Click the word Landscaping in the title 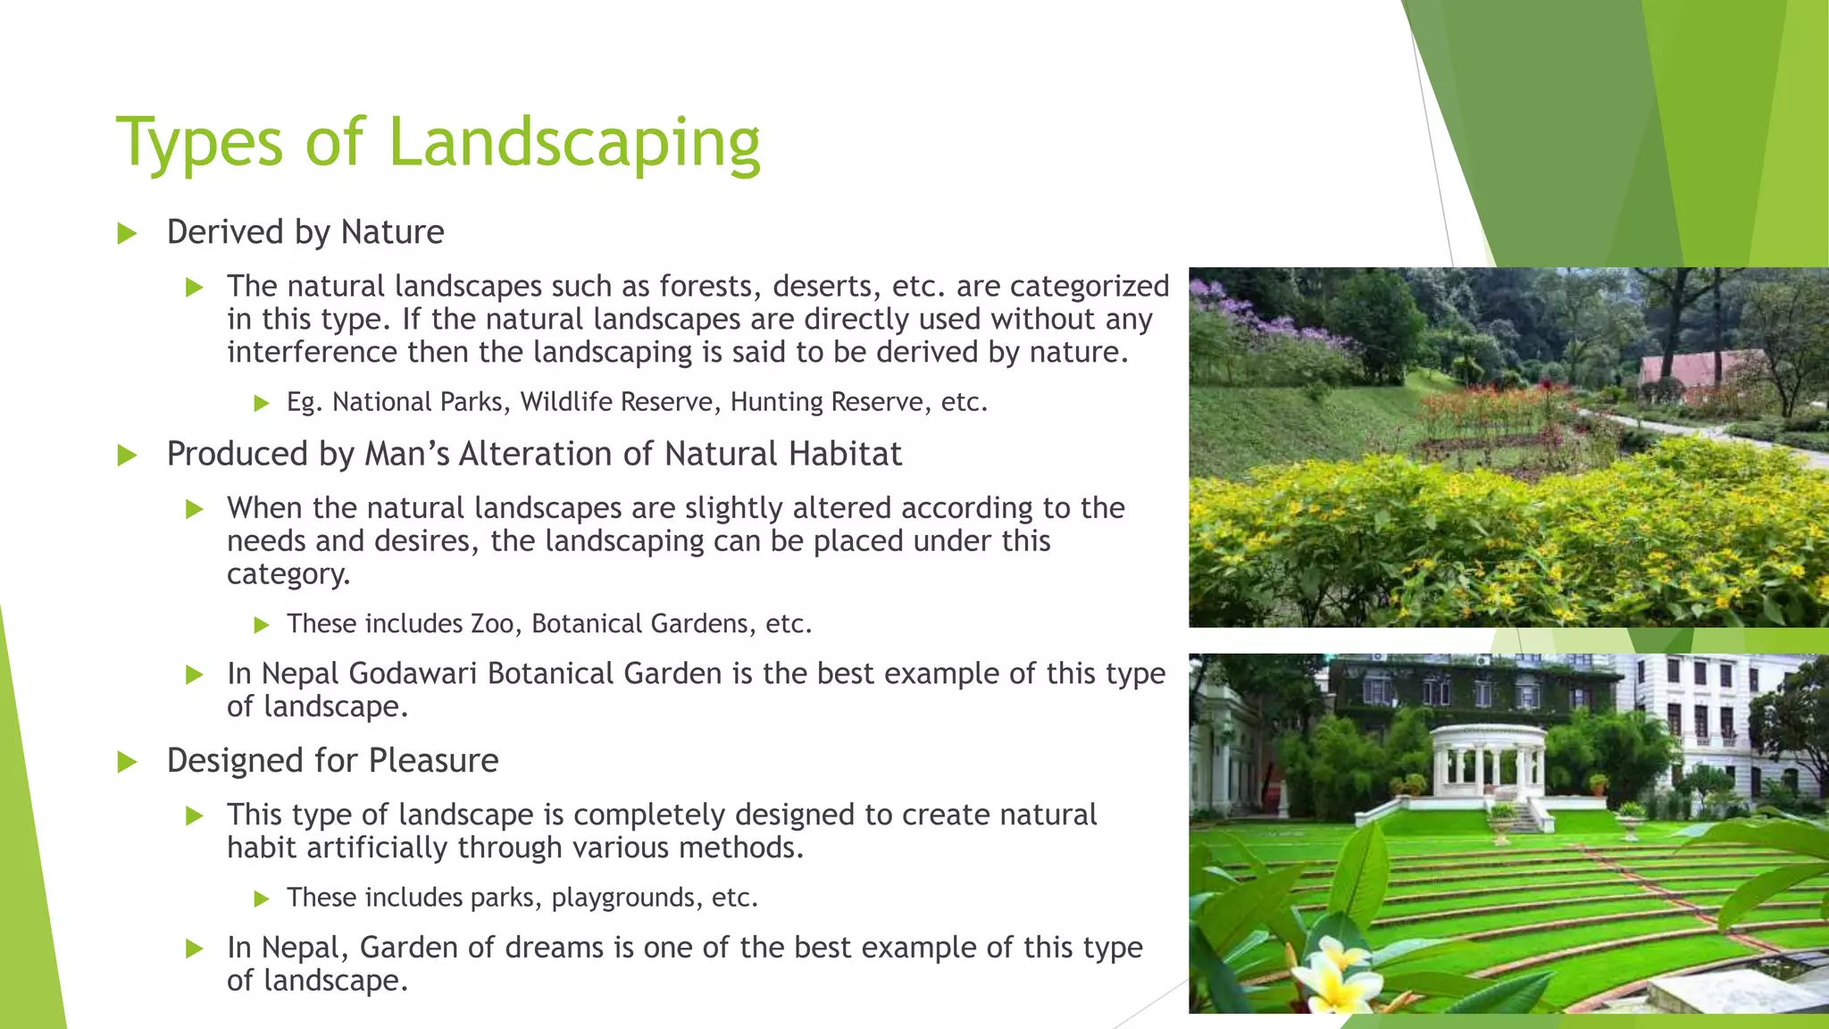click(574, 143)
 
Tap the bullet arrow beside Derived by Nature click(127, 234)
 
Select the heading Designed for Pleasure click(332, 760)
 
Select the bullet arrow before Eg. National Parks click(261, 403)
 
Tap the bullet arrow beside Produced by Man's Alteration click(127, 456)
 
